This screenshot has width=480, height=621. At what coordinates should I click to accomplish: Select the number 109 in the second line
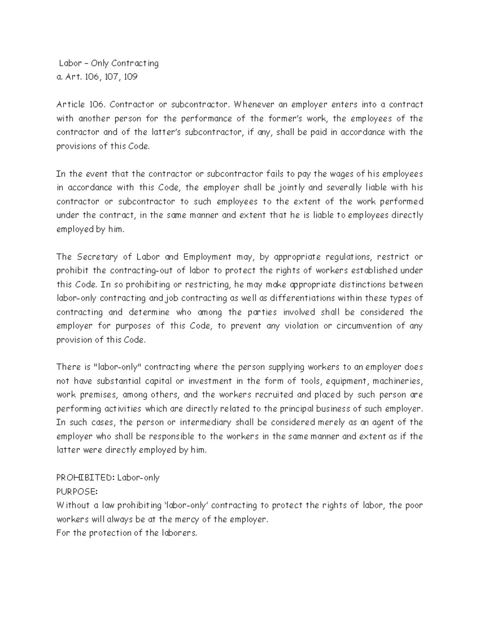coord(131,77)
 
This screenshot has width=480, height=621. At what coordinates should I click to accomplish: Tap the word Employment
coord(207,257)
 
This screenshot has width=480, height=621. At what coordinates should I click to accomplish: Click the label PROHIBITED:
coord(85,478)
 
